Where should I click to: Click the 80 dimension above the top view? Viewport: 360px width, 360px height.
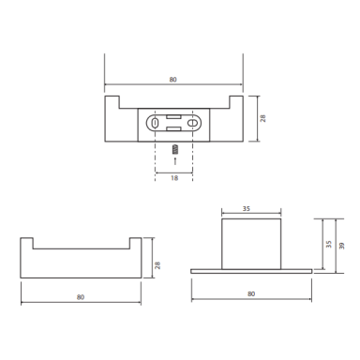(x=172, y=80)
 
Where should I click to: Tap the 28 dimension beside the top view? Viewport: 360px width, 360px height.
(x=263, y=118)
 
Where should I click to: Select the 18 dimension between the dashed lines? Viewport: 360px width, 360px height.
(x=174, y=178)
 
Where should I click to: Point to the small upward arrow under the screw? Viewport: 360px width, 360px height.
(x=175, y=160)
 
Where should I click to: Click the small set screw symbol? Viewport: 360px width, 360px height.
(x=175, y=149)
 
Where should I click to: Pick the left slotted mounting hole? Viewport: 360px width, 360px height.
(x=154, y=123)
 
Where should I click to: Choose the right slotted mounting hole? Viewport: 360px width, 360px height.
(x=191, y=123)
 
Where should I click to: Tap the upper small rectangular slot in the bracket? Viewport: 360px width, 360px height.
(x=173, y=117)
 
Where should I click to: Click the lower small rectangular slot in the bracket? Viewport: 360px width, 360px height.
(x=173, y=128)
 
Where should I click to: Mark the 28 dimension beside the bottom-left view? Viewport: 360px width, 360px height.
(x=157, y=265)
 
